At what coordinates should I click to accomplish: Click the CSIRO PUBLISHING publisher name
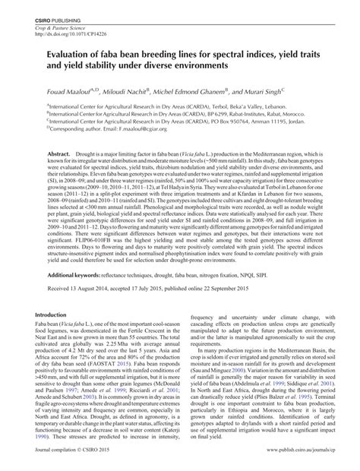[48, 17]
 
